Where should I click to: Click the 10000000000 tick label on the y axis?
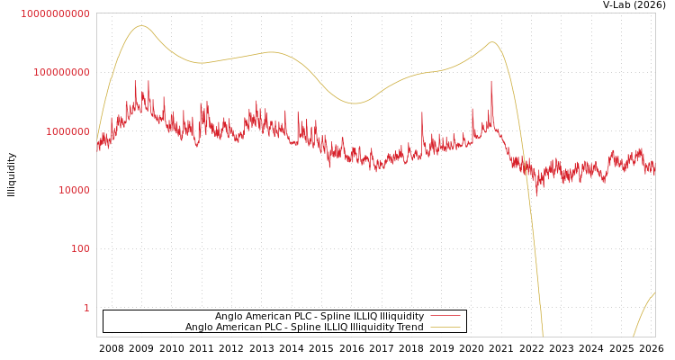(55, 13)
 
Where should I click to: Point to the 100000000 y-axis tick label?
(59, 72)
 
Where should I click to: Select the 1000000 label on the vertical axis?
(65, 131)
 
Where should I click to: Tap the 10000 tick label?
(70, 190)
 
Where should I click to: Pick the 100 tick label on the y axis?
(80, 248)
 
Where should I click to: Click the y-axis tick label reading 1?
(86, 308)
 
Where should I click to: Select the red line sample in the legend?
(445, 317)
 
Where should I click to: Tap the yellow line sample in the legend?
(445, 328)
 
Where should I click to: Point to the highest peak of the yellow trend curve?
(140, 25)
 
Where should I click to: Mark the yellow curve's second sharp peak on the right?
(491, 41)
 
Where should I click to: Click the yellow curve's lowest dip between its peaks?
(355, 103)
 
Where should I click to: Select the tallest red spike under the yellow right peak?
(491, 82)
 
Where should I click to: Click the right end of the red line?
(654, 167)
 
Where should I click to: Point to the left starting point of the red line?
(97, 144)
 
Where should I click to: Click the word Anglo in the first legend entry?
(229, 317)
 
